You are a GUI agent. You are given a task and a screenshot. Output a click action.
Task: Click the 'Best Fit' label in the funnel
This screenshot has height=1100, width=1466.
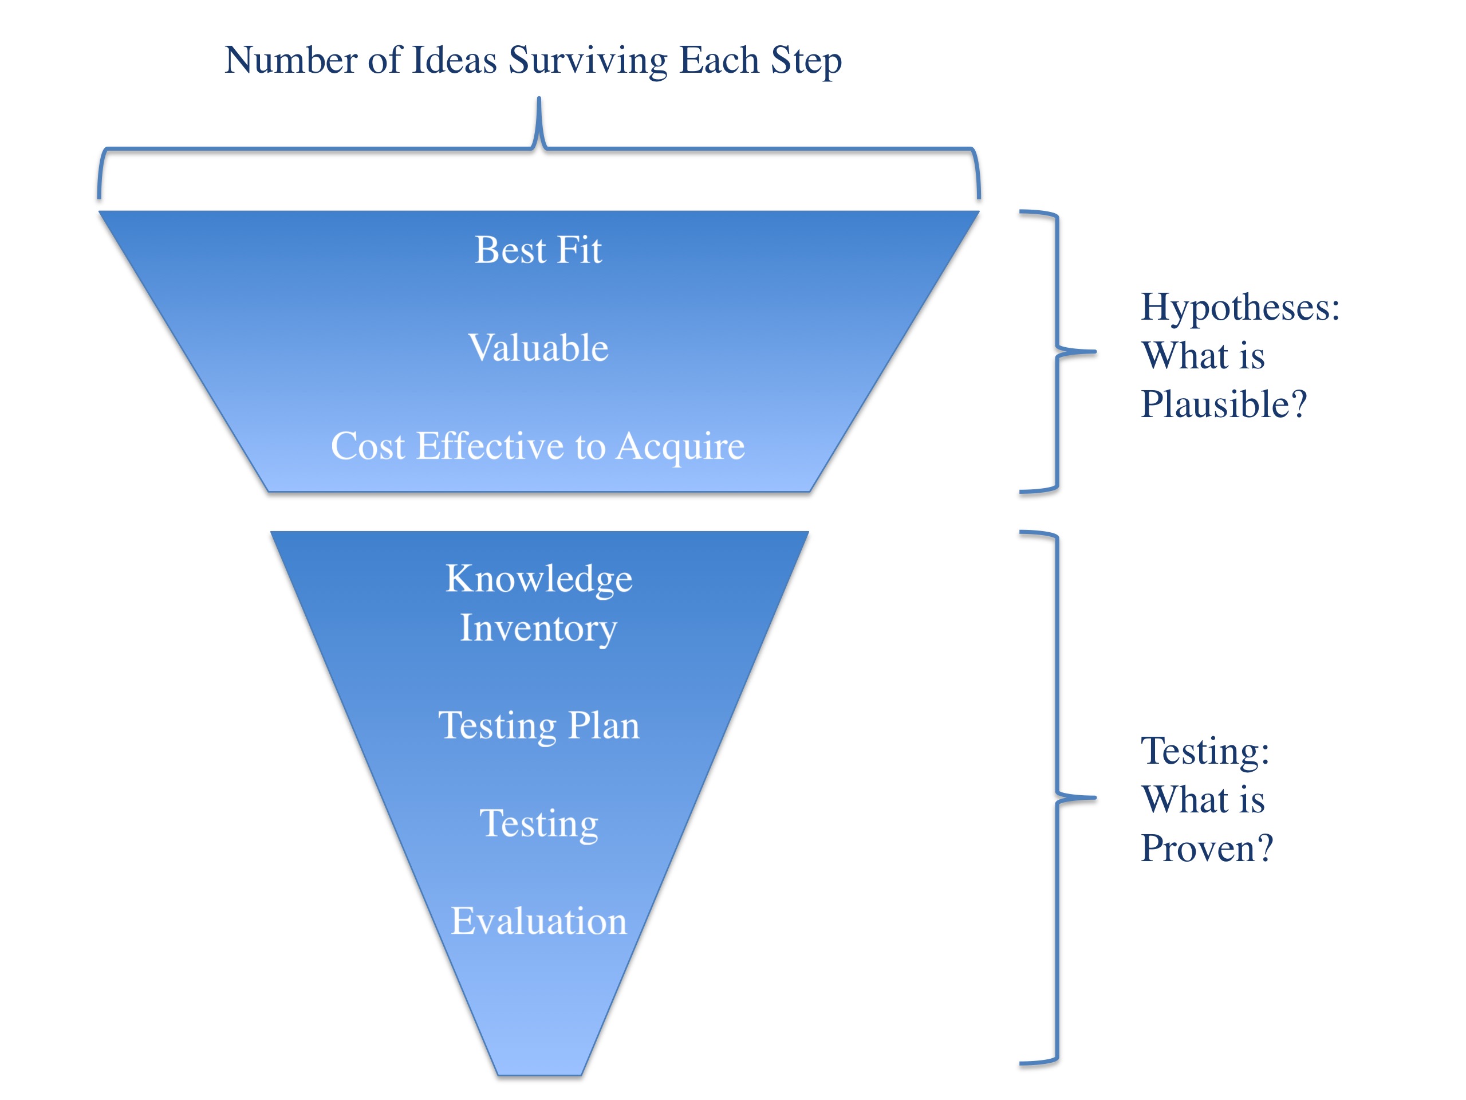[x=538, y=250]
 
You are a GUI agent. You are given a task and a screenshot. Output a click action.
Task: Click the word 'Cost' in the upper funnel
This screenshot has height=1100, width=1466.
[x=367, y=446]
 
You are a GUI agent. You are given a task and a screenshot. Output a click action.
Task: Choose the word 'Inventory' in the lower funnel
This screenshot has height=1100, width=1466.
[x=538, y=628]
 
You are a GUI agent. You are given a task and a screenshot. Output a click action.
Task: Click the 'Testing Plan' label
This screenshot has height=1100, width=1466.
[x=539, y=725]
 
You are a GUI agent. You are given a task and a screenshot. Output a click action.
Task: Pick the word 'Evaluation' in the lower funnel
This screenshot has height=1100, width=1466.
[x=539, y=921]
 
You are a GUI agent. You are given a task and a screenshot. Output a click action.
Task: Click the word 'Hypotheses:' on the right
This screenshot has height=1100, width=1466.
[x=1240, y=307]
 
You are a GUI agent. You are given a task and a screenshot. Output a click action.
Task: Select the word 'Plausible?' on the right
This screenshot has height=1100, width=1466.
[x=1223, y=404]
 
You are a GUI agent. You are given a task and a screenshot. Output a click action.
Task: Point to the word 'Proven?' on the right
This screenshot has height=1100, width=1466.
[x=1207, y=848]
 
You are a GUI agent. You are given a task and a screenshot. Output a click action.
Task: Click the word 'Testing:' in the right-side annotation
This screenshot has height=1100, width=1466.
[x=1205, y=751]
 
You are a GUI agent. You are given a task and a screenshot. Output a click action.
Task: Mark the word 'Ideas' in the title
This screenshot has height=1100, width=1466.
[x=454, y=60]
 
